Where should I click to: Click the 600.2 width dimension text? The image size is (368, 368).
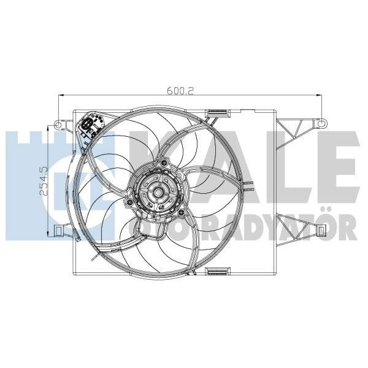click(180, 90)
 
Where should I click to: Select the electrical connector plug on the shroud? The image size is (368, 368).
click(90, 126)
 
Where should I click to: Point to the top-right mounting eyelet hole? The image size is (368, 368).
click(318, 123)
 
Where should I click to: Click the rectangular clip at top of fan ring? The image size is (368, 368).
click(217, 112)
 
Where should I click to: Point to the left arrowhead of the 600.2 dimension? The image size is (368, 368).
click(59, 96)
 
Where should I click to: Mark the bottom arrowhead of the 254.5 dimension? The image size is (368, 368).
click(48, 234)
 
